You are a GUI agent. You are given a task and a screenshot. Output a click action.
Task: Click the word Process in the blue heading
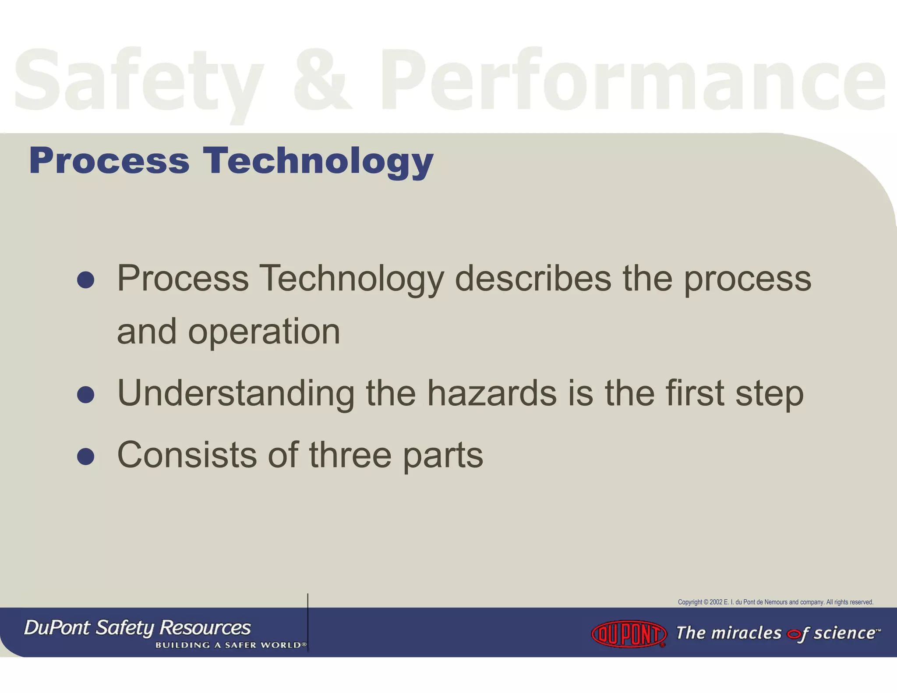coord(109,161)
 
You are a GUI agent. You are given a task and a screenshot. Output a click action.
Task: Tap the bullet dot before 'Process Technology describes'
coord(85,280)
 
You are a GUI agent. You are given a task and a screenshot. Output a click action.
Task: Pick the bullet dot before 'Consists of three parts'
coord(85,456)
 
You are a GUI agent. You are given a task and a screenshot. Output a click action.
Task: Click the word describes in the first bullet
coord(533,279)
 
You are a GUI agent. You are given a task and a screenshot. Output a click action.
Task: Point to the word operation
coord(264,332)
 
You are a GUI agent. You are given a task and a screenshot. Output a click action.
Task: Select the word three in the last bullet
coord(350,455)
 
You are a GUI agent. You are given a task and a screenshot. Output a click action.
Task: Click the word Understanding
coord(236,393)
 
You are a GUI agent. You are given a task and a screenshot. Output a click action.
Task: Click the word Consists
coord(187,455)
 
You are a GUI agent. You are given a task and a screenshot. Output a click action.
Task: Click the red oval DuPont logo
coord(629,633)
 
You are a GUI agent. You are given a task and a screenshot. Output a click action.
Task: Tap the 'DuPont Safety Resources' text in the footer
coord(137,628)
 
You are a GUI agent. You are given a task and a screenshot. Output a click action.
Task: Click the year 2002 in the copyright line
coord(716,602)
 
